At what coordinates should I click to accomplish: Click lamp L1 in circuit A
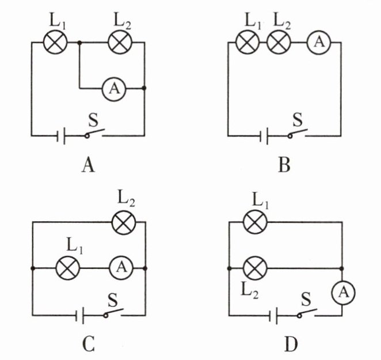tap(56, 42)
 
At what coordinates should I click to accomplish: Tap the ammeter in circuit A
tap(114, 88)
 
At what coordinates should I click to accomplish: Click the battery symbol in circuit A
tap(62, 136)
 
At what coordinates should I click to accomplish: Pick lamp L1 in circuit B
tap(248, 42)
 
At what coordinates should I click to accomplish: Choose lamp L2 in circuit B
tap(280, 42)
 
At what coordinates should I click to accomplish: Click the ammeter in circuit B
tap(317, 42)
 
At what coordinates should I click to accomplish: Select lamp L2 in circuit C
tap(122, 222)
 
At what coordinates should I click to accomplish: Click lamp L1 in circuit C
tap(67, 268)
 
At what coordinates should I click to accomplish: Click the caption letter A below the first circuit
tap(87, 166)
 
